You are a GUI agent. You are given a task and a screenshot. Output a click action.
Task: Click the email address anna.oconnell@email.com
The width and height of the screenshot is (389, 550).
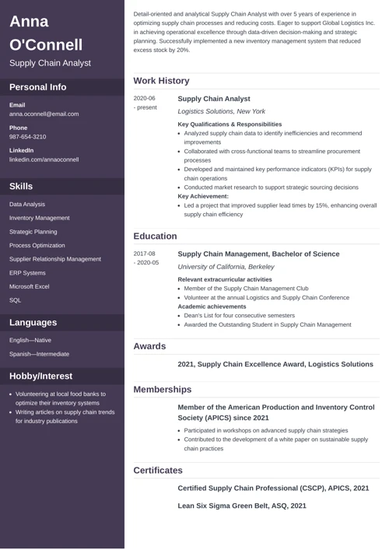pos(44,114)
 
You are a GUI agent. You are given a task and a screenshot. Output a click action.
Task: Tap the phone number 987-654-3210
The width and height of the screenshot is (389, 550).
pos(28,136)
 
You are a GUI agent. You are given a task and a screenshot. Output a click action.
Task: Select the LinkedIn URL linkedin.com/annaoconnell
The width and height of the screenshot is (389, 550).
pos(44,159)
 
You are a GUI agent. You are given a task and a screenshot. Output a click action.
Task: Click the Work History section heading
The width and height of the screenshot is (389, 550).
pos(161,81)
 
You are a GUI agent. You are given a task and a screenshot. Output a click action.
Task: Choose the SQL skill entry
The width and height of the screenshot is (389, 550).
pos(16,300)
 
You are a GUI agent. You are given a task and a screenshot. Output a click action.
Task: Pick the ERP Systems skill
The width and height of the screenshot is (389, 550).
pos(27,273)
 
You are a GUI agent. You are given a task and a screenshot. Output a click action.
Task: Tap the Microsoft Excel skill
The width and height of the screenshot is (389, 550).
pos(30,286)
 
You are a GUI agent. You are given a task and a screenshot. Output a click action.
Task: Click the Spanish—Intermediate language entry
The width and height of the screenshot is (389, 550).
pos(39,354)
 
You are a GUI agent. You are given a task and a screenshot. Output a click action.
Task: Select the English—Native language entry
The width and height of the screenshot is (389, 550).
pos(30,340)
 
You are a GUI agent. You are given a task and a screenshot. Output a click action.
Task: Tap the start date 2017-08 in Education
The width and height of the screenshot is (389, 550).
pos(145,254)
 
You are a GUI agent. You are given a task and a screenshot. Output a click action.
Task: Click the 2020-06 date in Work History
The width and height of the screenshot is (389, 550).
pos(145,99)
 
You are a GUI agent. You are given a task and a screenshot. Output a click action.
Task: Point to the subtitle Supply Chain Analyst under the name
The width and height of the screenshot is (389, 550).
pos(50,62)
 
